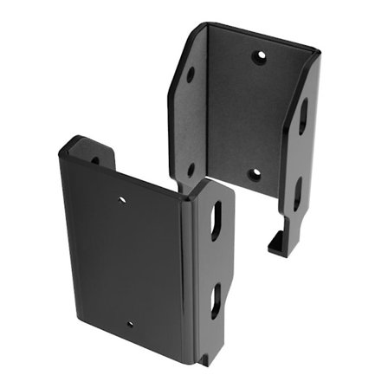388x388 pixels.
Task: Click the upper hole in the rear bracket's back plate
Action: pyautogui.click(x=258, y=58)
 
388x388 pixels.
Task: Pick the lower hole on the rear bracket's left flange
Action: pyautogui.click(x=191, y=171)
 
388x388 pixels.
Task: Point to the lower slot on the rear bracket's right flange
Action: pyautogui.click(x=297, y=192)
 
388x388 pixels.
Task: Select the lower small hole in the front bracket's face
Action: pyautogui.click(x=131, y=324)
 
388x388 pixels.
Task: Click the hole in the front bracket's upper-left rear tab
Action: pyautogui.click(x=95, y=159)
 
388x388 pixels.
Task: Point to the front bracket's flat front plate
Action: pyautogui.click(x=126, y=260)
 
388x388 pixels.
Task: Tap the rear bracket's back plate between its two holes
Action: pyautogui.click(x=255, y=117)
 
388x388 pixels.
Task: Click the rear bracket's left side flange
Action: pyautogui.click(x=191, y=121)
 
